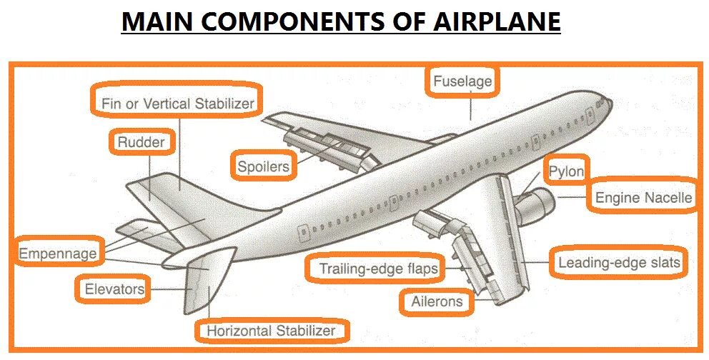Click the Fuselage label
463,81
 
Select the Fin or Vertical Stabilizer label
177,104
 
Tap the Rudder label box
141,142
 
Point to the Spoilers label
263,167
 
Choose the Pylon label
566,171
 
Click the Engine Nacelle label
643,197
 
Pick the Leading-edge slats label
618,262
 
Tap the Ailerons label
437,301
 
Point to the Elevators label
114,289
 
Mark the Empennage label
57,253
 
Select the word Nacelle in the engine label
667,197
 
